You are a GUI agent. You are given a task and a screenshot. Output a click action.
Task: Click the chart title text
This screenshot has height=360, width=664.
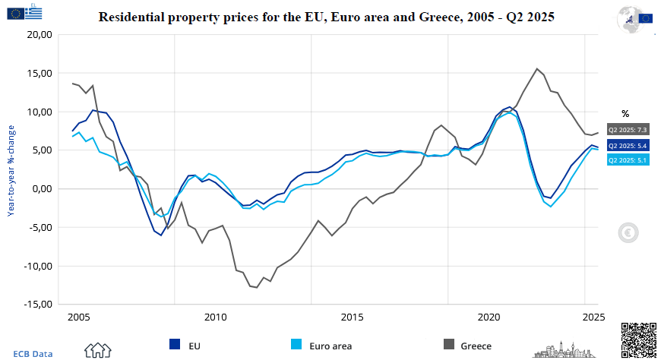327,17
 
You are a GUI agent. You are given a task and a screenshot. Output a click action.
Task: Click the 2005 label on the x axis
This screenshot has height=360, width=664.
78,317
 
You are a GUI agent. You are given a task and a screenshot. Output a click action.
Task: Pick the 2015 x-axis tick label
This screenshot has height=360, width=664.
352,317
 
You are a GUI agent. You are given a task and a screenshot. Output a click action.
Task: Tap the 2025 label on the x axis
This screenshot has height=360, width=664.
593,317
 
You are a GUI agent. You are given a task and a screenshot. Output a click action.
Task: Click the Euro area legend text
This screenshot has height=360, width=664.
330,346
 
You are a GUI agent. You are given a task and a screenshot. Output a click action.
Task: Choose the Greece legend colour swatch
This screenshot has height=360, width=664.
450,346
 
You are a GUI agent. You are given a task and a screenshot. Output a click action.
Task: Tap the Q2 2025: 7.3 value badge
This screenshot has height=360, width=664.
627,130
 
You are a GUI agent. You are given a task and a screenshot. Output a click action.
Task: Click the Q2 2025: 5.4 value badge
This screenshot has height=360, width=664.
627,145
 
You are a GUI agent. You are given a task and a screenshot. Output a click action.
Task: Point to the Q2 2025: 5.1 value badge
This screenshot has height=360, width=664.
627,159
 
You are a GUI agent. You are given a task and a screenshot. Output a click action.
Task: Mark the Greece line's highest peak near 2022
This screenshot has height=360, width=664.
537,68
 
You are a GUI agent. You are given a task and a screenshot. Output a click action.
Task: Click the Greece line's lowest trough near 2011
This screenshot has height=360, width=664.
257,287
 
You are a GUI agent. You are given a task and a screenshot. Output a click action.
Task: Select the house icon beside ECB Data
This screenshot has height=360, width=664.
98,350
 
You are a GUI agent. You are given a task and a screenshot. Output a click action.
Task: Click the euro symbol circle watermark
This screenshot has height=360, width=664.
628,233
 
